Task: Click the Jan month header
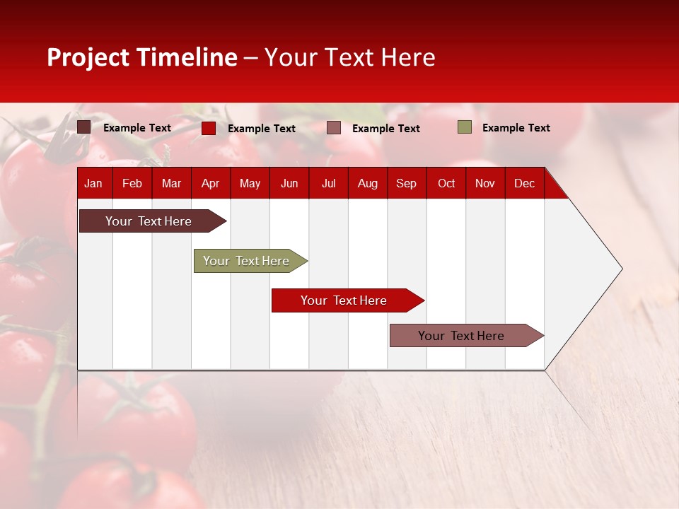93,183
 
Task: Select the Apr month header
210,183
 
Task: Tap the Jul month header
328,183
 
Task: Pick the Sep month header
406,183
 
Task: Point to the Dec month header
524,183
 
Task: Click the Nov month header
484,183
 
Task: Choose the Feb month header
132,183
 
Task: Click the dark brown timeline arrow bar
149,221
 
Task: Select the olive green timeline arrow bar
246,261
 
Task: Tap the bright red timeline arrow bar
344,300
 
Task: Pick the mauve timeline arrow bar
461,336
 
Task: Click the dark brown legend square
84,127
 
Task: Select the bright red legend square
209,128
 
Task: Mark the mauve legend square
334,128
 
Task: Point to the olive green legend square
465,127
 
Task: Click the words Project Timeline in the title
141,57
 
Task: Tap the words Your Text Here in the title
349,57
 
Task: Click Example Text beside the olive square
516,128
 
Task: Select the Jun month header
289,183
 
